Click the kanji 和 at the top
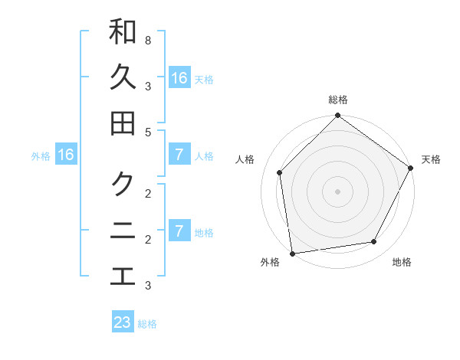click(x=123, y=32)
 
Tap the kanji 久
click(x=123, y=77)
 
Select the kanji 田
click(x=123, y=123)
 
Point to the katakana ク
click(x=123, y=184)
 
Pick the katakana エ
click(x=123, y=276)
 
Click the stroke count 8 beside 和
click(x=147, y=40)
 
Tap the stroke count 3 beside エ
click(x=147, y=286)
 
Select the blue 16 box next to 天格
click(x=179, y=78)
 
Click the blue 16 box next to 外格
click(x=65, y=155)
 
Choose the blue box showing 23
click(x=123, y=322)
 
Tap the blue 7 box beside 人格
click(x=179, y=155)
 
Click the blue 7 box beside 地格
click(x=179, y=231)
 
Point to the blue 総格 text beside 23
click(x=148, y=324)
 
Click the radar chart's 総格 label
click(x=337, y=100)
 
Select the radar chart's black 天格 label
click(x=431, y=159)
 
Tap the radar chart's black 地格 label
click(x=402, y=262)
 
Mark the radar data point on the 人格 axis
click(x=280, y=172)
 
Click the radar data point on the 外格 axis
click(x=292, y=253)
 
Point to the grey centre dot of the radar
click(x=337, y=191)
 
